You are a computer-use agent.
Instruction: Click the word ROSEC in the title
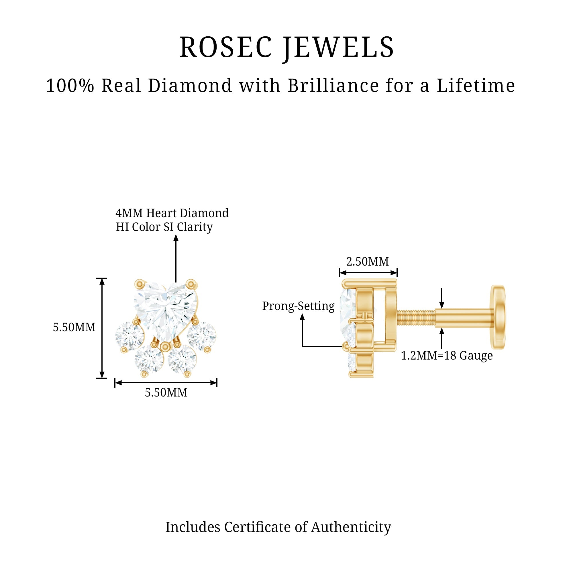(225, 47)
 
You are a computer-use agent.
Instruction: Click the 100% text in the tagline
(70, 86)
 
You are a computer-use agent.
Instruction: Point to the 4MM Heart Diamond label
(172, 213)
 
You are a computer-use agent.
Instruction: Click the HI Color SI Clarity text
(164, 227)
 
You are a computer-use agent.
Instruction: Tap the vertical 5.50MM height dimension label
(74, 327)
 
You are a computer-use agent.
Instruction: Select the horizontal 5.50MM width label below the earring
(166, 393)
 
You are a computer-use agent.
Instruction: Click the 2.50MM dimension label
(368, 261)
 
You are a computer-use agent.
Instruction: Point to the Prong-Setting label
(298, 306)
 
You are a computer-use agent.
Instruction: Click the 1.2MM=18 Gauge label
(447, 355)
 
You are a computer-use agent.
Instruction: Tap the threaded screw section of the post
(416, 318)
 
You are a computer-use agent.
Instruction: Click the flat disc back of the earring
(498, 317)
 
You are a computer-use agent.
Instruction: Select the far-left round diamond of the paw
(129, 336)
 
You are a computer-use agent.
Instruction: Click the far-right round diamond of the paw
(202, 336)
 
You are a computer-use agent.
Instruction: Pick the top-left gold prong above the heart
(140, 284)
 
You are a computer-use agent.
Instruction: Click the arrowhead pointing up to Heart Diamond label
(176, 238)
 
